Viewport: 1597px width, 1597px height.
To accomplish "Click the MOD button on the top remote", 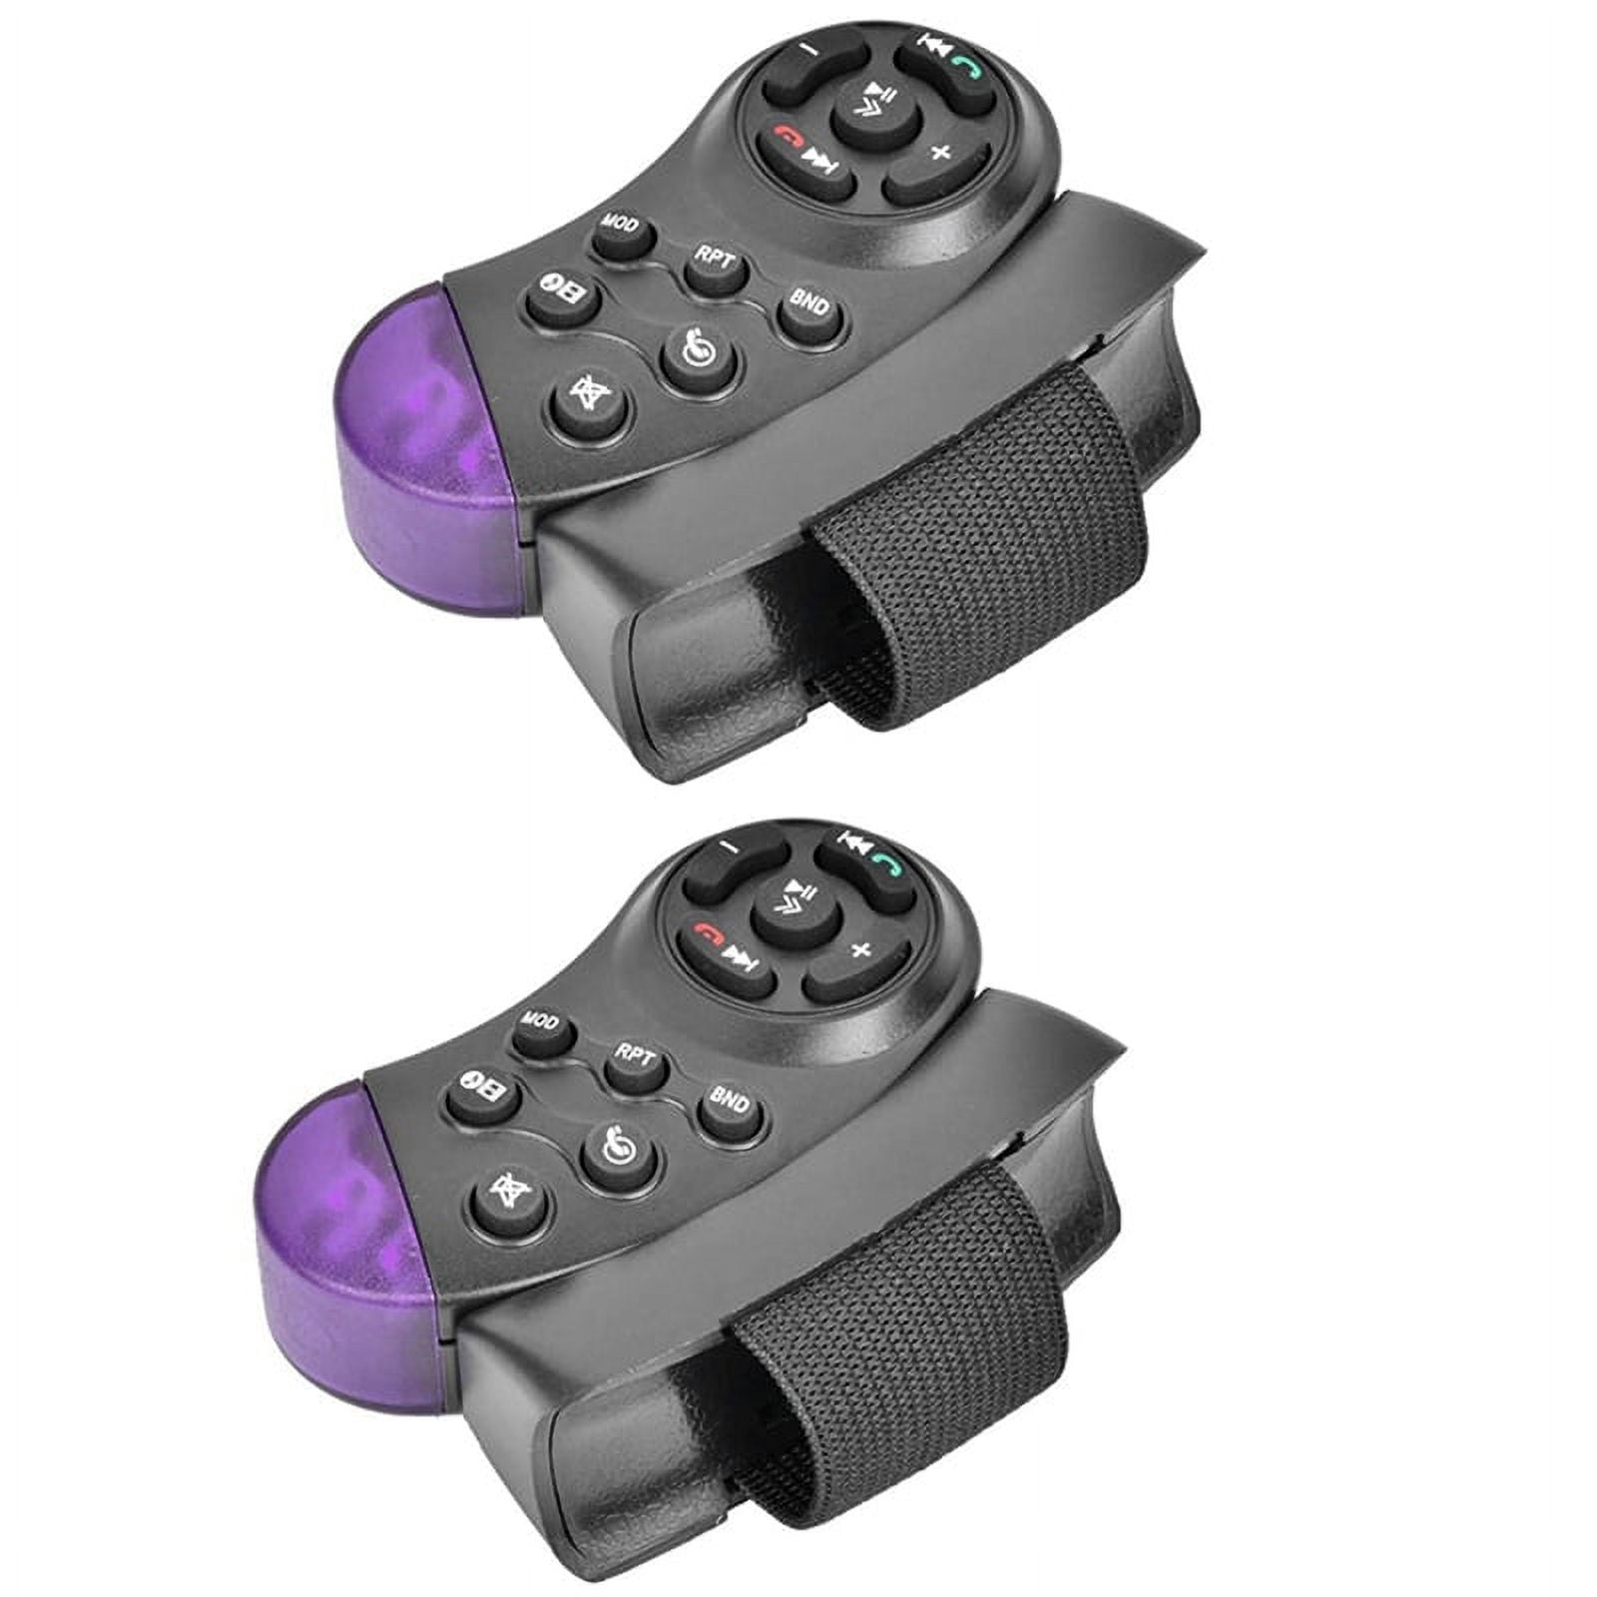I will pos(625,235).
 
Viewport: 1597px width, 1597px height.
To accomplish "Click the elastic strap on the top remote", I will pos(958,559).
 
